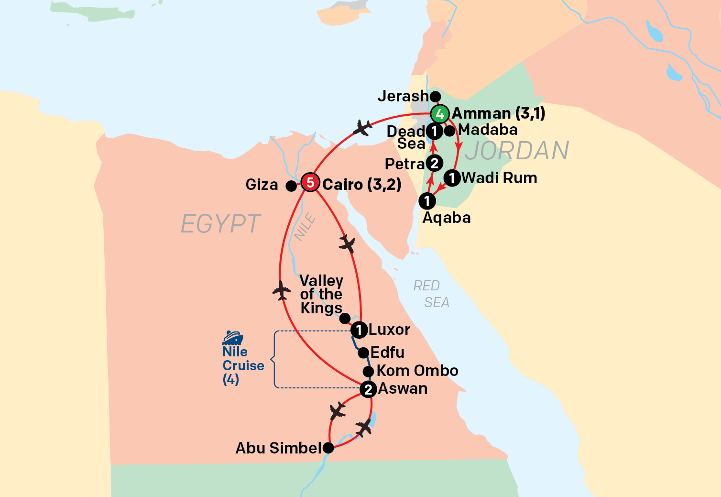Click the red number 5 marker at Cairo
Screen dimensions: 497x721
(310, 182)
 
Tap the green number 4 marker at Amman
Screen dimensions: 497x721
(439, 114)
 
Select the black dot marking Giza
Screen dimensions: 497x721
(291, 186)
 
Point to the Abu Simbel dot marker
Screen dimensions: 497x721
(328, 448)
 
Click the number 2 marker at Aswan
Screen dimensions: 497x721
(368, 389)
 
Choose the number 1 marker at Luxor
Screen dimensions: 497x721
(359, 330)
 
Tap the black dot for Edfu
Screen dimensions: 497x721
(363, 353)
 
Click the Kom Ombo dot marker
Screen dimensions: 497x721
(368, 371)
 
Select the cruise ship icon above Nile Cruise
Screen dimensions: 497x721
(233, 338)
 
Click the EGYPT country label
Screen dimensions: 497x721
(220, 224)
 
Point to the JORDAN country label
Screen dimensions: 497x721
(517, 151)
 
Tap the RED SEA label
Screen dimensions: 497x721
(432, 294)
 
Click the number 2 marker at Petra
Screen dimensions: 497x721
(434, 164)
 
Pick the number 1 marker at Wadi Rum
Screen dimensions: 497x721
(452, 178)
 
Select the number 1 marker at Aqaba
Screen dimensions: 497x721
(427, 201)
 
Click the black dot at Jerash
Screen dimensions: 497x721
(435, 97)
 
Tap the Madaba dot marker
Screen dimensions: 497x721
(449, 131)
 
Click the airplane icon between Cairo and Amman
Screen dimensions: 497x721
(362, 128)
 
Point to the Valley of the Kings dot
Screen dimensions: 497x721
(345, 319)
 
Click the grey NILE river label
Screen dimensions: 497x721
(305, 227)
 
